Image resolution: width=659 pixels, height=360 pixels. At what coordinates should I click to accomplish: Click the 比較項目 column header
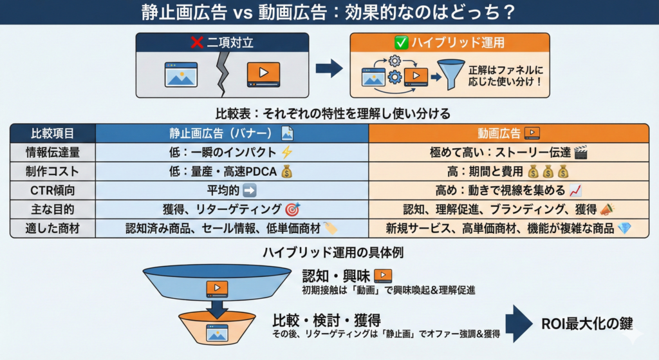coord(53,134)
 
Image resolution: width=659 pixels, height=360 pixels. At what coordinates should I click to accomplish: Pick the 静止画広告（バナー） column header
coord(232,134)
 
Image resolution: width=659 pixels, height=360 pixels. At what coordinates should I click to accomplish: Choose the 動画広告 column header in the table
coord(508,134)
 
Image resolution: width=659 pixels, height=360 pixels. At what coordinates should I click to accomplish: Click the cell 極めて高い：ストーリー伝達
coord(508,153)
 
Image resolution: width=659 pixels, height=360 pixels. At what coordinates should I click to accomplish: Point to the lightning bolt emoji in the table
coord(287,153)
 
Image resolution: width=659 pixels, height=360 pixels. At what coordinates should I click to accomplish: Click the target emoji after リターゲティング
coord(292,209)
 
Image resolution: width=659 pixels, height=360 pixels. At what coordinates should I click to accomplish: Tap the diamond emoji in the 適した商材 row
coord(624,228)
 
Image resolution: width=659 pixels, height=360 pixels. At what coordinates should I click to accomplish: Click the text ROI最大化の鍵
coord(586,325)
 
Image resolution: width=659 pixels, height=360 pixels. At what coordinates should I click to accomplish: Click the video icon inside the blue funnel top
coord(217,289)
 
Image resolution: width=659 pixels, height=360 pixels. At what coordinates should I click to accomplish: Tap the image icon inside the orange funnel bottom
coord(217,332)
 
